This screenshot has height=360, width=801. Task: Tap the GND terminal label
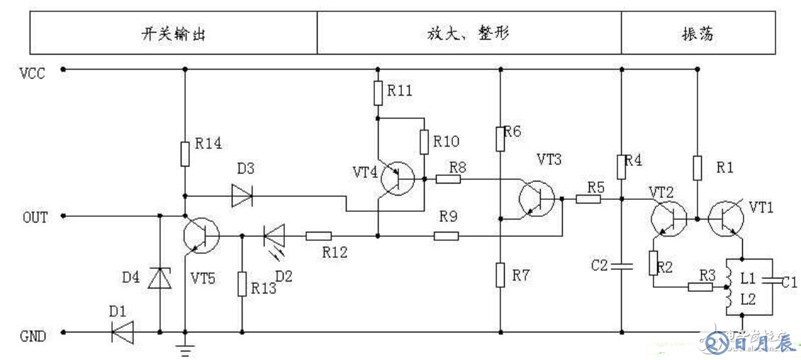tap(33, 335)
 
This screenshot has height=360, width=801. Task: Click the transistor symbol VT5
tap(201, 236)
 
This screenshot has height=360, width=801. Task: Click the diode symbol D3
tap(242, 196)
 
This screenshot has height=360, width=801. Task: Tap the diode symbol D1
tap(123, 332)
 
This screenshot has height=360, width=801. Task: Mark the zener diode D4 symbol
tap(159, 279)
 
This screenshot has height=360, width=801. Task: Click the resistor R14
tap(185, 153)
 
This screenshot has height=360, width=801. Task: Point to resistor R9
tap(446, 236)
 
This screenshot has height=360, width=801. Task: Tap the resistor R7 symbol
tap(500, 274)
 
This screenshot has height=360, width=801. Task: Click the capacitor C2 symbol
tap(622, 266)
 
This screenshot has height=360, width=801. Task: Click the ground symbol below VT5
tap(185, 349)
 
